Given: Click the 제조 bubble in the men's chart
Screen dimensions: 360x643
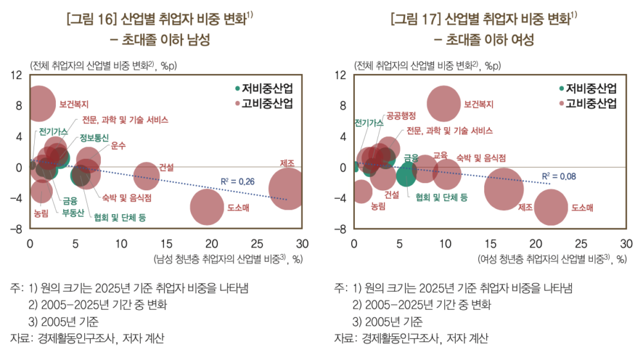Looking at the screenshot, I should click(288, 188).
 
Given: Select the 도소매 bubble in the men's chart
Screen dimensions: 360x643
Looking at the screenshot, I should click(206, 206).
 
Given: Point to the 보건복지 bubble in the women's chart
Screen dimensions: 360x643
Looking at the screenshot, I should click(444, 103).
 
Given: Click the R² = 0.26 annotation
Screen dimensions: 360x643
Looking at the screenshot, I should click(237, 182).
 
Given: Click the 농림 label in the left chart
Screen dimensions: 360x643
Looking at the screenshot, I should click(41, 212).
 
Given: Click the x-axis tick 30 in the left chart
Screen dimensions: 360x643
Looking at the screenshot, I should click(302, 244).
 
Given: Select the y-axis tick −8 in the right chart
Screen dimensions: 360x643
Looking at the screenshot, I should click(341, 228).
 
